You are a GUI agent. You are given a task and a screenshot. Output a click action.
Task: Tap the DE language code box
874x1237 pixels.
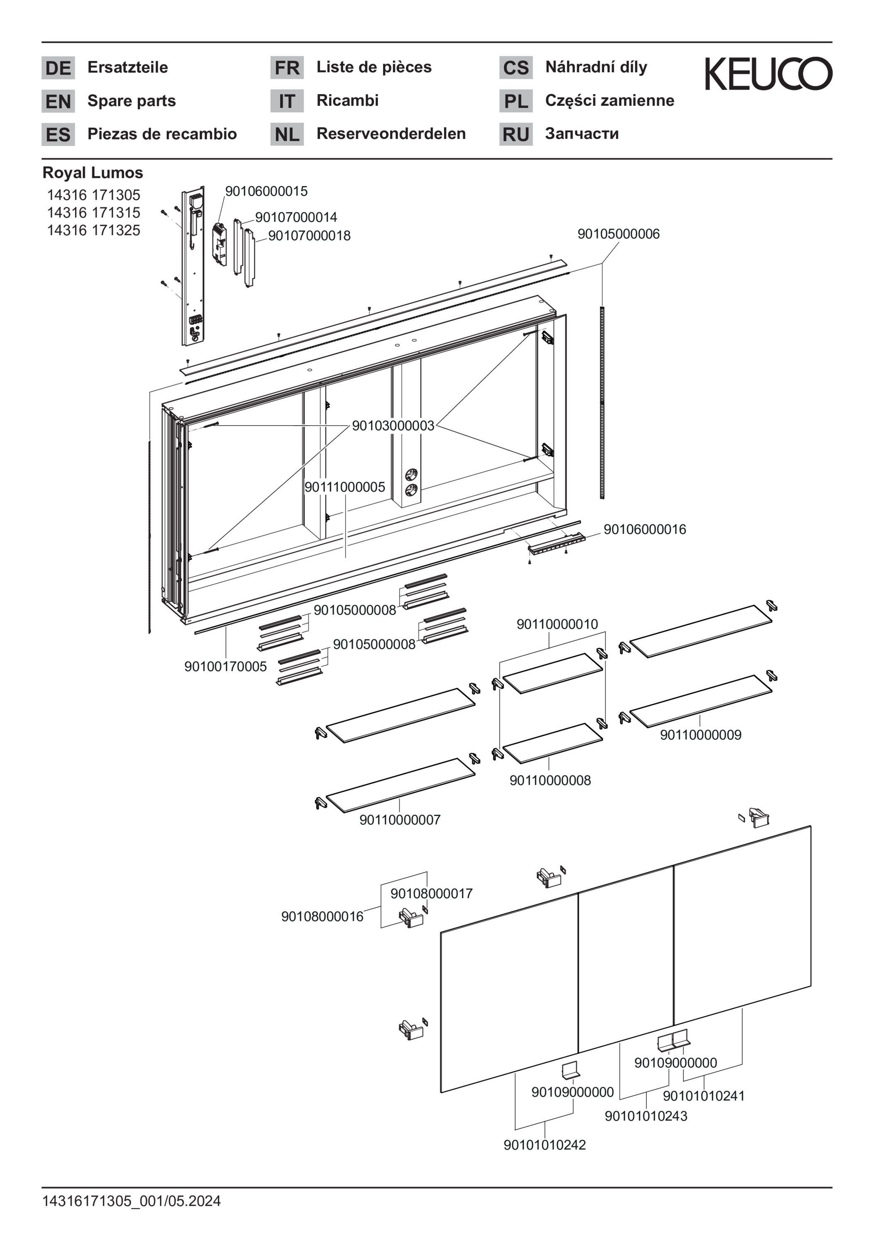tap(58, 68)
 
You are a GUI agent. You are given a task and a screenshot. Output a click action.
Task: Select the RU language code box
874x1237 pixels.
tap(516, 134)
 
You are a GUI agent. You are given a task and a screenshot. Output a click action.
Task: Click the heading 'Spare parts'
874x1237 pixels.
tap(131, 101)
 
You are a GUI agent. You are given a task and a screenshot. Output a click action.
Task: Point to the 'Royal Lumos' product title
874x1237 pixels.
tap(92, 173)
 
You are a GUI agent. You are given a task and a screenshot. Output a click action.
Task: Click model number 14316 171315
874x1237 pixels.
tap(93, 212)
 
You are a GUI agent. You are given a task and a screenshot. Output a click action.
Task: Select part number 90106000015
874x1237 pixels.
tap(266, 191)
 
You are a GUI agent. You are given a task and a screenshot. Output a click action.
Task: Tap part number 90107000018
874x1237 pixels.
tap(309, 236)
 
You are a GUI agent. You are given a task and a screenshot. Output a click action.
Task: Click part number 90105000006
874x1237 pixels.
tap(618, 234)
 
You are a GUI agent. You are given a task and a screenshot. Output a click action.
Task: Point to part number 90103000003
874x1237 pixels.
tap(393, 426)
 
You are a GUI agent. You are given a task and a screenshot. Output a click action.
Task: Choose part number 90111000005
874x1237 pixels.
tap(345, 487)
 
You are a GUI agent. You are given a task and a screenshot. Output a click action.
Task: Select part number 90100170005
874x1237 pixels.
tap(225, 667)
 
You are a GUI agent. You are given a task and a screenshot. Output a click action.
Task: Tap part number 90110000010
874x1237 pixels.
tap(557, 624)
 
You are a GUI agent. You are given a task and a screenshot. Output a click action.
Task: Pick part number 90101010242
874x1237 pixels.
tap(544, 1145)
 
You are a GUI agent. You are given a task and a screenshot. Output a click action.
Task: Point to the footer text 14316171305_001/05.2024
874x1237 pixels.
tap(131, 1201)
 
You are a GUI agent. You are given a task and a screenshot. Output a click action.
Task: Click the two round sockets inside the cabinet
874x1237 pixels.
tap(411, 482)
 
